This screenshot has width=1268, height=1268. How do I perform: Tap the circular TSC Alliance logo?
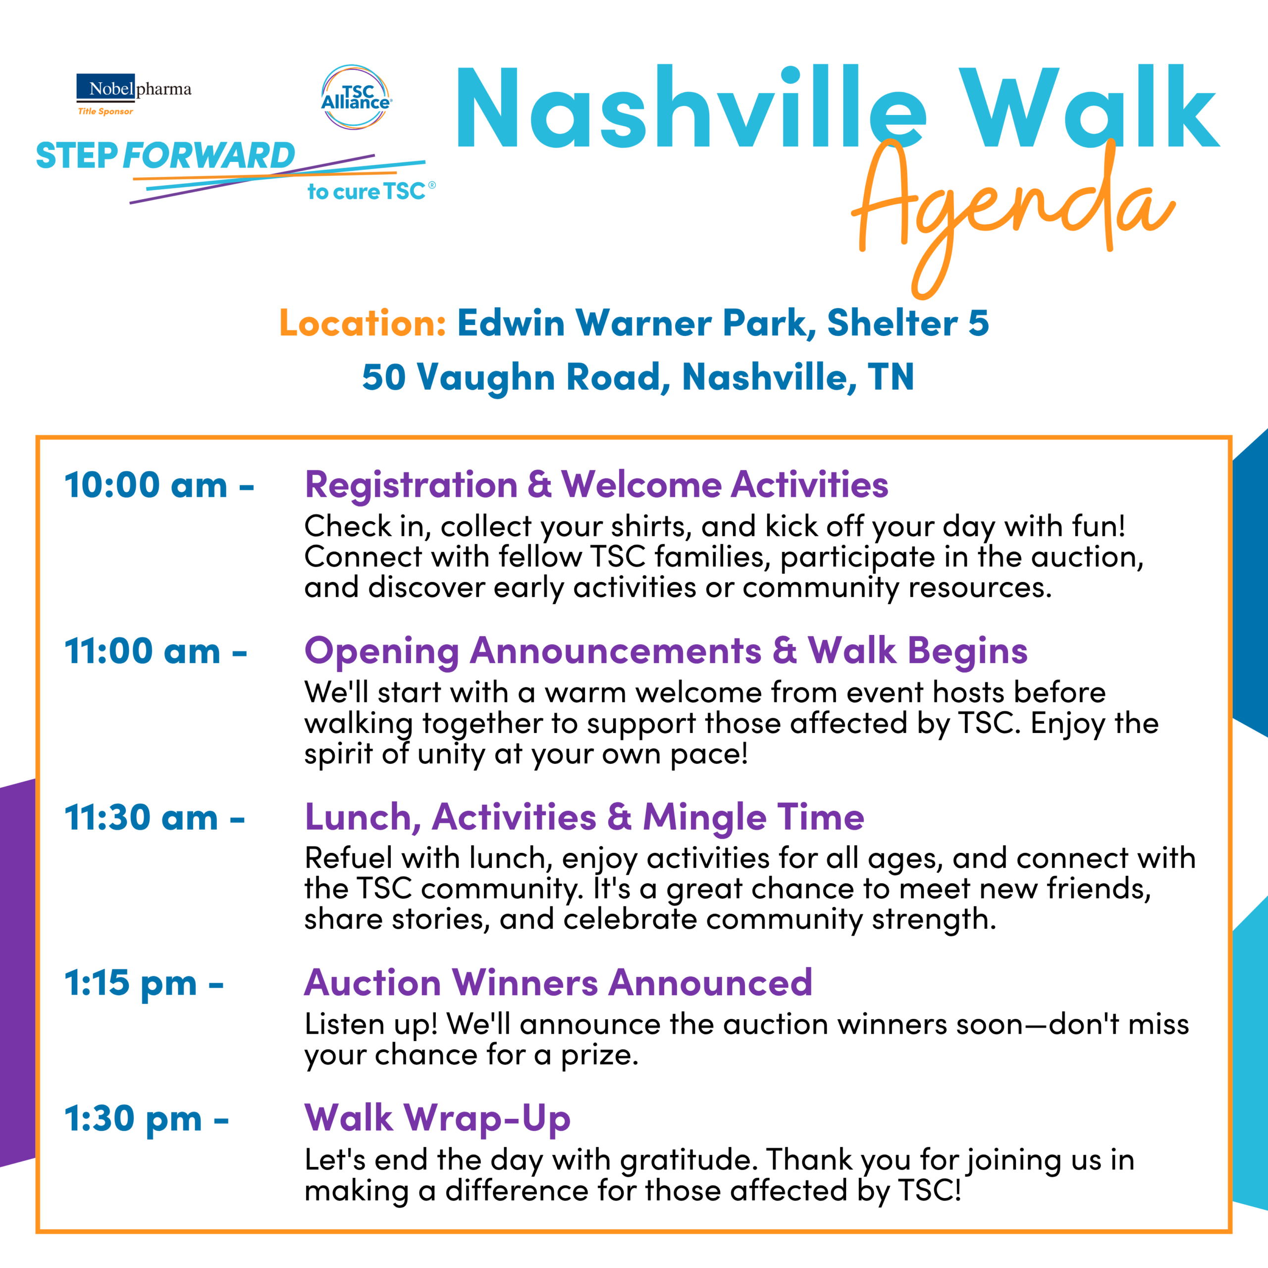click(356, 97)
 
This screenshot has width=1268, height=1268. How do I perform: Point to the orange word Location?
click(363, 323)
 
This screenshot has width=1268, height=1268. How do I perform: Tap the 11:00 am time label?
click(156, 652)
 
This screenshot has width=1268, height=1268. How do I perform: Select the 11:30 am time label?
click(154, 818)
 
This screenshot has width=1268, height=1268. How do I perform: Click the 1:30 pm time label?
click(146, 1120)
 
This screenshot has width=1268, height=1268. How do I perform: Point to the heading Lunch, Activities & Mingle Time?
click(584, 818)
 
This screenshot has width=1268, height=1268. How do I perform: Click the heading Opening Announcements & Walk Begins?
click(666, 652)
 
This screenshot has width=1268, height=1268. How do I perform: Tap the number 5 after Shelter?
click(978, 323)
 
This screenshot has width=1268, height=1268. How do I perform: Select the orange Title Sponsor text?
click(106, 111)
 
